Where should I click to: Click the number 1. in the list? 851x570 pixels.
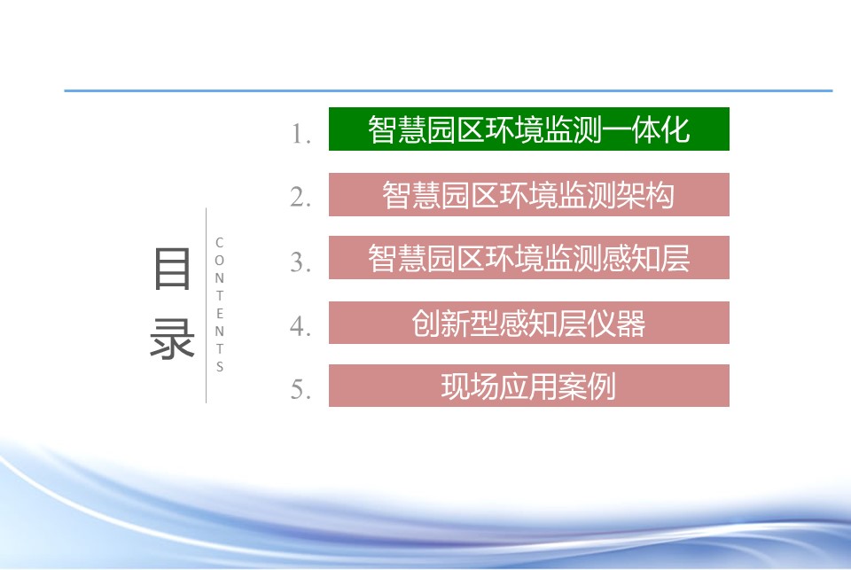[301, 134]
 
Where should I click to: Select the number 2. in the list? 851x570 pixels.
[301, 197]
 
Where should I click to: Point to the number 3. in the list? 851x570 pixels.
[301, 262]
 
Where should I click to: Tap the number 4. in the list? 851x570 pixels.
[301, 327]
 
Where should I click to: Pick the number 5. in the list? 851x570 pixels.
[301, 389]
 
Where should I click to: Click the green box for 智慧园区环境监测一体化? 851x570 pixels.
[528, 129]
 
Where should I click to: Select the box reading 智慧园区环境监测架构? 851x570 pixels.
[528, 195]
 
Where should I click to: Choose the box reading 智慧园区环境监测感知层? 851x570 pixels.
[528, 258]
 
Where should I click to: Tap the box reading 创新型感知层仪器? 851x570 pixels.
[528, 323]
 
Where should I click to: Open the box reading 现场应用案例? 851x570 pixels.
[528, 386]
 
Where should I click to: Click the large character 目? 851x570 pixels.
[172, 269]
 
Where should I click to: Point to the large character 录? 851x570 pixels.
[172, 339]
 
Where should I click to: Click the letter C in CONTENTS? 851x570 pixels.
[219, 243]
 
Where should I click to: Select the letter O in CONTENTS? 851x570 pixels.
[219, 261]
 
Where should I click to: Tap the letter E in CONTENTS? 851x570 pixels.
[219, 314]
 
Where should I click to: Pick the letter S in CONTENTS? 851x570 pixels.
[219, 367]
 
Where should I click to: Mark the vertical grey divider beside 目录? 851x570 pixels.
[207, 306]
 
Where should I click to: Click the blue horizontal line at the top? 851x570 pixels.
[449, 90]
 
